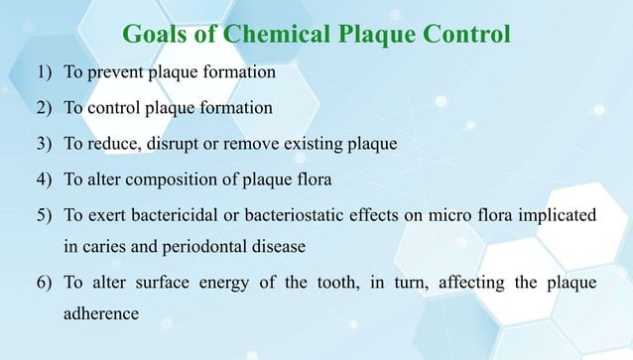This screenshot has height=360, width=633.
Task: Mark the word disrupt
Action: point(181,144)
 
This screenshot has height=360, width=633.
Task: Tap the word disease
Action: point(278,247)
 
